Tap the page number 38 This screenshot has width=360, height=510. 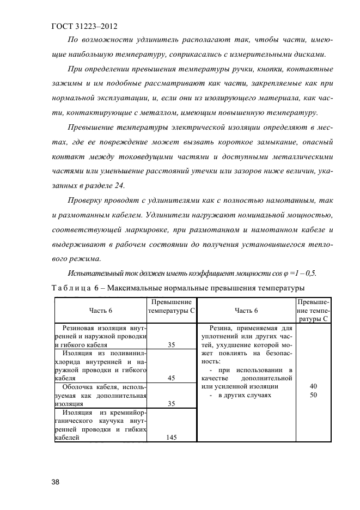56,482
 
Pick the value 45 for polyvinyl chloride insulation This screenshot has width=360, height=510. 171,377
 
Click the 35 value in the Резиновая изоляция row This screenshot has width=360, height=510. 171,345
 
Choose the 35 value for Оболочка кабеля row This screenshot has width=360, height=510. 171,404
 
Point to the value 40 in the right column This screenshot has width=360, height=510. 313,386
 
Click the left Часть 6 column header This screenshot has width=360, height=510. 101,311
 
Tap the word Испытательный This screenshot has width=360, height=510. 94,273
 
